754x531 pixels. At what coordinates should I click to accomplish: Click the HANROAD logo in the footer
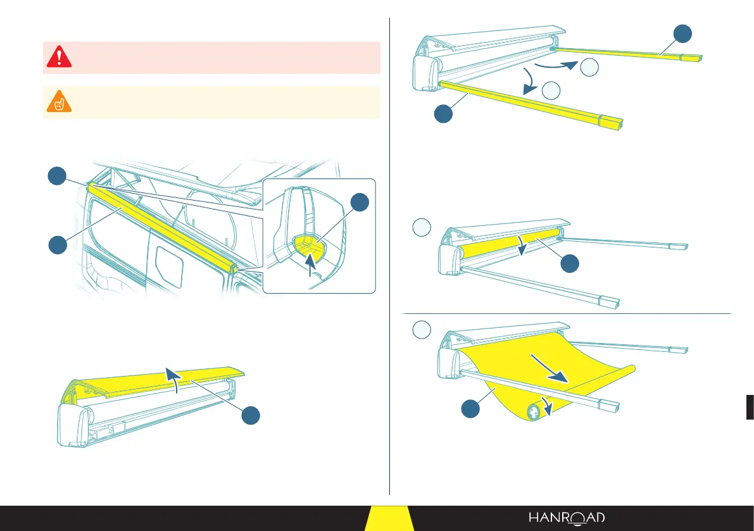coord(567,518)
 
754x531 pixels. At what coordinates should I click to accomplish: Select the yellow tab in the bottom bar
coord(389,519)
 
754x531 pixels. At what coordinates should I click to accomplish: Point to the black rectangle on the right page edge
coord(750,406)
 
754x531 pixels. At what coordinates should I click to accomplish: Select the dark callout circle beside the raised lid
coord(251,415)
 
